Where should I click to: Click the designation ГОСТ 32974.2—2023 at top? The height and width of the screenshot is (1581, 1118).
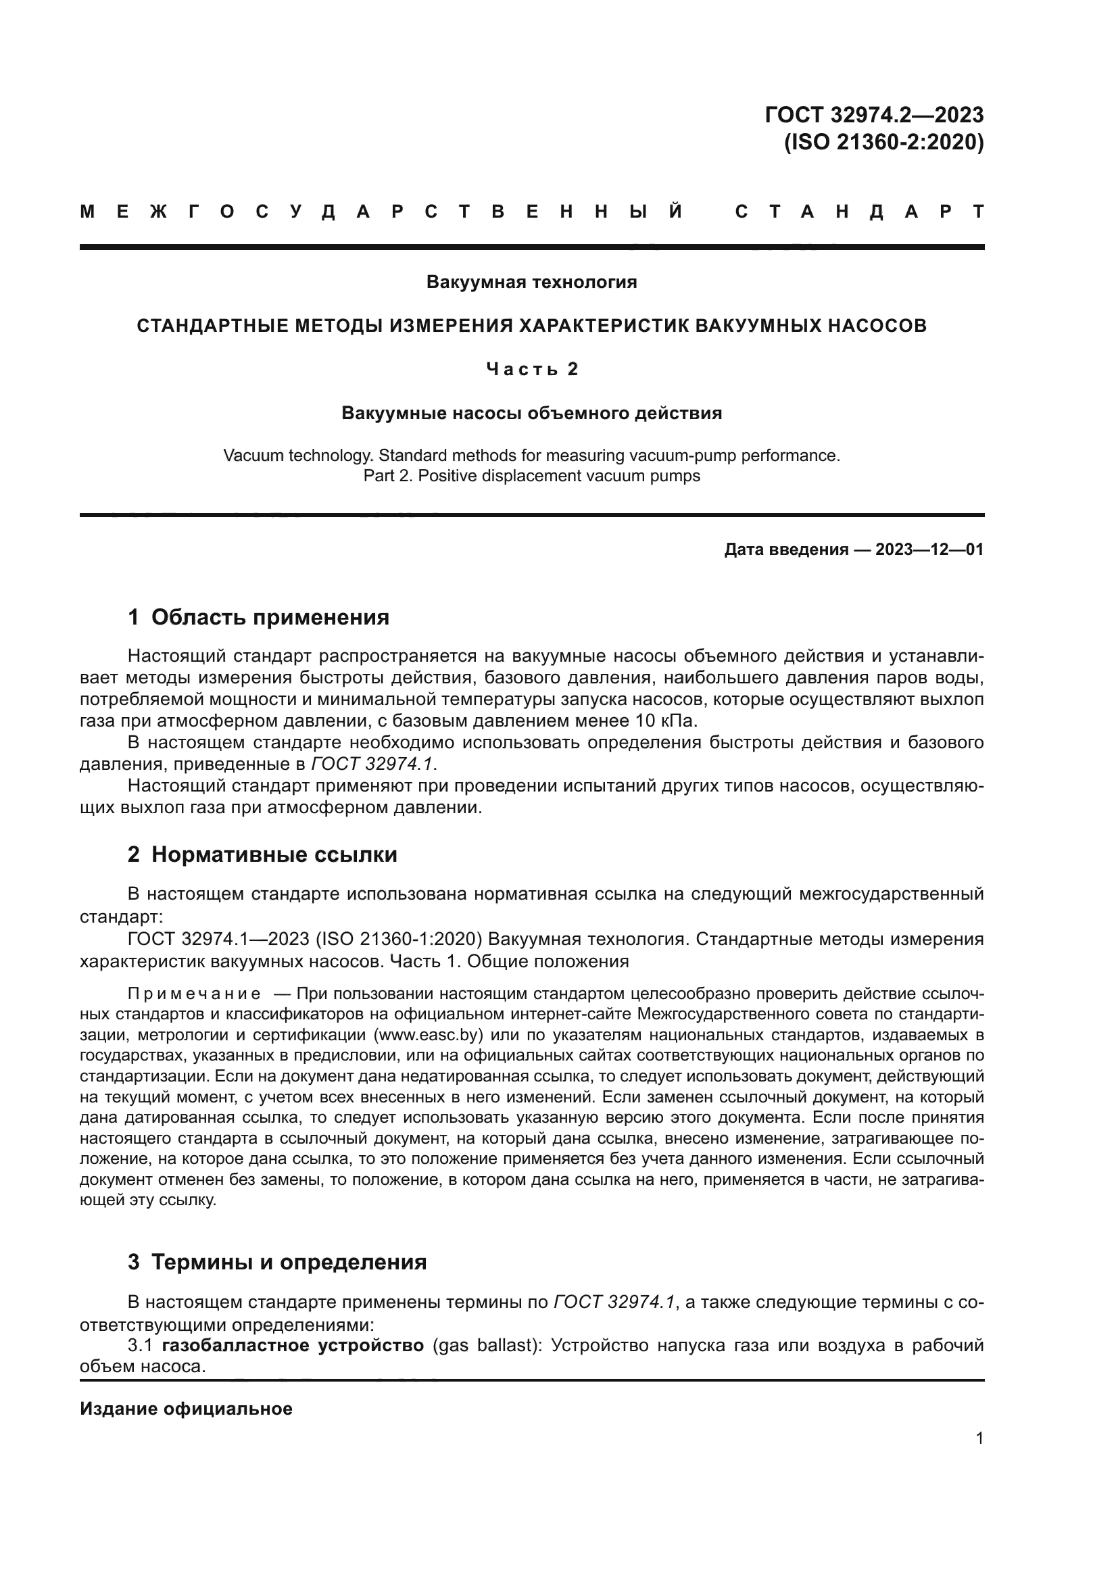(x=873, y=114)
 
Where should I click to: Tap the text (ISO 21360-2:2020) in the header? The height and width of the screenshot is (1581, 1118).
(x=884, y=143)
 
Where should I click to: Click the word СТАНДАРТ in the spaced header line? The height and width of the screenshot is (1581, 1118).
(x=859, y=212)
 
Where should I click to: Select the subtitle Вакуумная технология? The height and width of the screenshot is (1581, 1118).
(x=531, y=282)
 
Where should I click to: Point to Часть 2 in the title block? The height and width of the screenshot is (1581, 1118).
(x=531, y=369)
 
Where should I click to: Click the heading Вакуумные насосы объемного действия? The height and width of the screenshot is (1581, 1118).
(x=531, y=413)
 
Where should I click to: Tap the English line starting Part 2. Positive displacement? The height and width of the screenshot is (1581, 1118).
(x=531, y=476)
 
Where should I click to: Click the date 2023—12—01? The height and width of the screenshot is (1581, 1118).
(x=929, y=550)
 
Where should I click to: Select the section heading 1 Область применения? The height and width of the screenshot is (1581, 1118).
(x=258, y=617)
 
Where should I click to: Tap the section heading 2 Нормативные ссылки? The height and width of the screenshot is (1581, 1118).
(x=262, y=854)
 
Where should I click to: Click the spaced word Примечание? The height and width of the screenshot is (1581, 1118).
(x=194, y=994)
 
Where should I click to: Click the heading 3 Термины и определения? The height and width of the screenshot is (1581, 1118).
(x=276, y=1262)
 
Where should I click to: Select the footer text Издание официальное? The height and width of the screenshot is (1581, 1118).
(x=186, y=1409)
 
